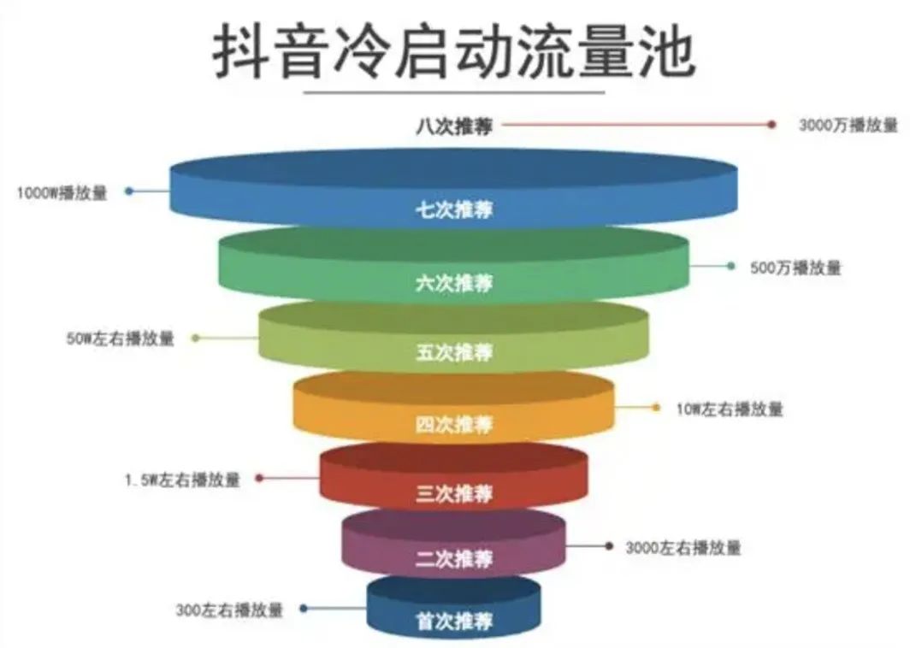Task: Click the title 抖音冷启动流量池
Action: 454,51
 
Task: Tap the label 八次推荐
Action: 454,126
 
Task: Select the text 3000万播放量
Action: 848,125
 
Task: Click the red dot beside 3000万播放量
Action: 771,124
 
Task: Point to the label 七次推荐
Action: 454,209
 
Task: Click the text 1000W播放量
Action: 62,192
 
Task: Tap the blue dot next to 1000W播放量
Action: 129,191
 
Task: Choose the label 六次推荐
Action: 454,283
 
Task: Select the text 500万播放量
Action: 795,268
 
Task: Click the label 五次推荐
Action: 454,352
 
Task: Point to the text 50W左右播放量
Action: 120,339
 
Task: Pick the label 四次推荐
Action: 454,424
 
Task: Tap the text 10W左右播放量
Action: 730,409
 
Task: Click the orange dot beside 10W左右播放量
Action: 656,408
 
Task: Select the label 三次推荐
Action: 454,493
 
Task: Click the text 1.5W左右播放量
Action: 182,480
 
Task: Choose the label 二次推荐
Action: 454,558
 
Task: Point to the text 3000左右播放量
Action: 683,548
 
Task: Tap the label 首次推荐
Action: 454,621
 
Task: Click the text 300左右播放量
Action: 229,610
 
